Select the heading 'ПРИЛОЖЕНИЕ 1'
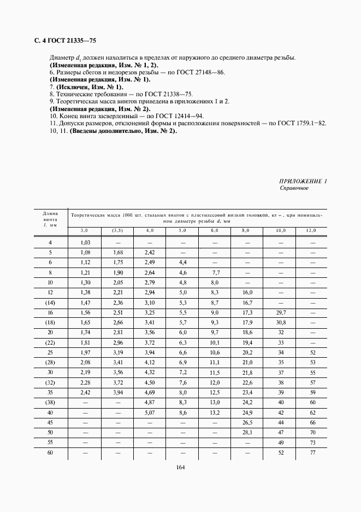tap(303, 181)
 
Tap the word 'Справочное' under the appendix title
tap(294, 188)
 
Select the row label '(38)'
tap(51, 402)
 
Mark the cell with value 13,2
tap(214, 412)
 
